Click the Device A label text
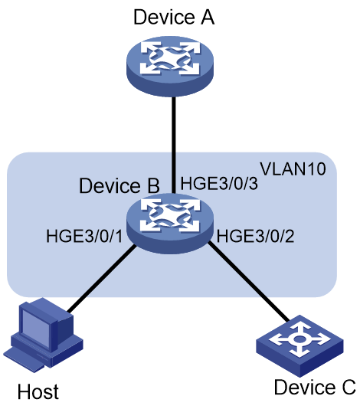pyautogui.click(x=174, y=17)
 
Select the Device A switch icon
pyautogui.click(x=170, y=67)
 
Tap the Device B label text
pyautogui.click(x=119, y=186)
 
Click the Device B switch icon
pyautogui.click(x=170, y=224)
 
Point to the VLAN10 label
pyautogui.click(x=293, y=169)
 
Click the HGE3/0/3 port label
pyautogui.click(x=219, y=183)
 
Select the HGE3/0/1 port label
pyautogui.click(x=84, y=237)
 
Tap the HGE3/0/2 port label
pyautogui.click(x=256, y=237)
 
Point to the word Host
pyautogui.click(x=38, y=391)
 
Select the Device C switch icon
pyautogui.click(x=299, y=345)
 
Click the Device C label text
pyautogui.click(x=315, y=387)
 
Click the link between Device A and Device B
pyautogui.click(x=173, y=146)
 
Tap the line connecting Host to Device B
pyautogui.click(x=101, y=279)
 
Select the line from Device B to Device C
pyautogui.click(x=249, y=282)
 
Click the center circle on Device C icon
pyautogui.click(x=299, y=339)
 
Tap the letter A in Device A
pyautogui.click(x=208, y=17)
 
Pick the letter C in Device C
pyautogui.click(x=349, y=387)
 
